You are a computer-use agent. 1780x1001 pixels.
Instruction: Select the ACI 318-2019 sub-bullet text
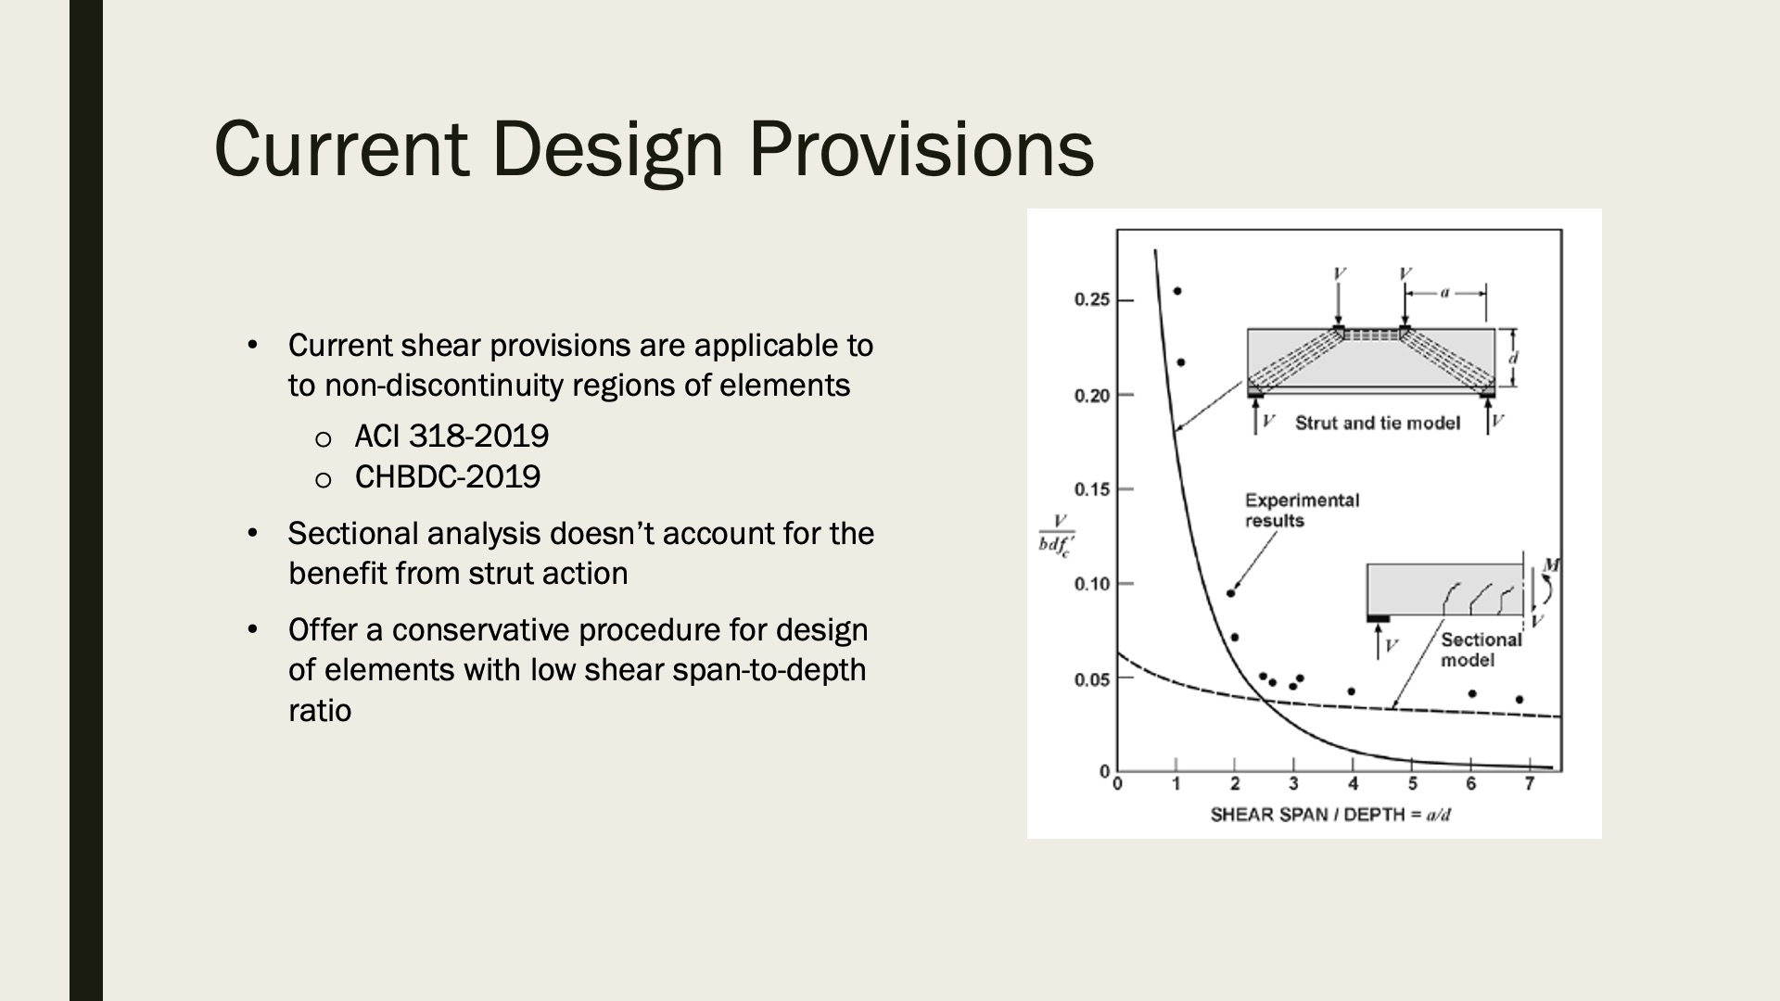[451, 436]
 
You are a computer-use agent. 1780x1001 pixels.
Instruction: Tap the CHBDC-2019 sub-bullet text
[448, 476]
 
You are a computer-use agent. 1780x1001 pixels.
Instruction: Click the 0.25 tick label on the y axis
[1091, 299]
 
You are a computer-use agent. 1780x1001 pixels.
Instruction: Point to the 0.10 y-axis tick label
[1091, 584]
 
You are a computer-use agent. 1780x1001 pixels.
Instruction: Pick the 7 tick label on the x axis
[1530, 785]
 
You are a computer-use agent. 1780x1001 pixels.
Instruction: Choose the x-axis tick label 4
[1353, 785]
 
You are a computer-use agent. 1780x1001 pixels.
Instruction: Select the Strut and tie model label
[1377, 424]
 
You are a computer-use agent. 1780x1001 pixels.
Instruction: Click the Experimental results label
[1302, 511]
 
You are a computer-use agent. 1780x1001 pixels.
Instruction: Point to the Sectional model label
[1481, 650]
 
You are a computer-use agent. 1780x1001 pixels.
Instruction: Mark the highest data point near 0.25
[1177, 291]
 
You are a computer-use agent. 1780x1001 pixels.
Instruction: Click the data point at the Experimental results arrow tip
[1230, 593]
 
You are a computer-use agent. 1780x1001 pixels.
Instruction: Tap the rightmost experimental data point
[1519, 700]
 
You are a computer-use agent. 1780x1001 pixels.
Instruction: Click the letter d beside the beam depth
[1514, 357]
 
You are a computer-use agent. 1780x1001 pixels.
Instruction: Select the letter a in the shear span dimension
[1444, 293]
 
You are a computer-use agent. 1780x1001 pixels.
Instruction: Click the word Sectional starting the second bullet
[353, 534]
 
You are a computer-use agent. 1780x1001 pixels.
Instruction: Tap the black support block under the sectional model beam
[1379, 618]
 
